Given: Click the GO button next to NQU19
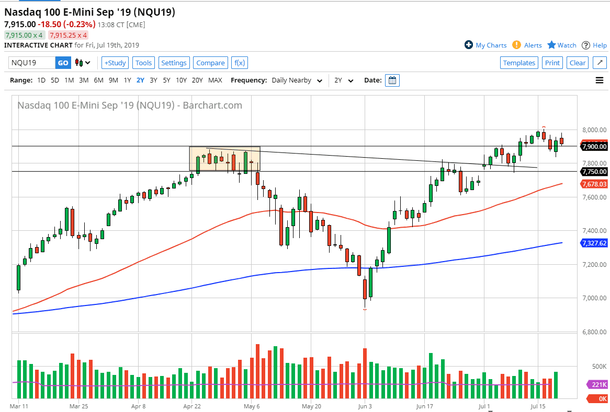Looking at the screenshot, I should [x=63, y=63].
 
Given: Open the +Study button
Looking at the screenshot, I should [x=115, y=63].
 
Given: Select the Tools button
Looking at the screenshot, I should [x=143, y=63].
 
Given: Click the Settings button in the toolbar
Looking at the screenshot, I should [x=174, y=63].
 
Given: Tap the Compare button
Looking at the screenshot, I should [x=210, y=63].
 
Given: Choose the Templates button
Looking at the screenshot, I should [x=519, y=63].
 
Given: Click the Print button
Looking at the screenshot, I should [x=552, y=63].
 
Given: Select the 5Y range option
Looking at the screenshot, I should [x=166, y=80].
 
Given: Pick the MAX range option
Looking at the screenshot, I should [x=215, y=80].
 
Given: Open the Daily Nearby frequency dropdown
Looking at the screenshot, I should [x=297, y=80].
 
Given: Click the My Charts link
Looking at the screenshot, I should [x=485, y=45].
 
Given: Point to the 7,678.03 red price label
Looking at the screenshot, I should [x=594, y=184].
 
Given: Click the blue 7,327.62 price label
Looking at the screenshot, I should [x=594, y=243].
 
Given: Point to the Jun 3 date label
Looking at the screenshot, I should [x=365, y=405].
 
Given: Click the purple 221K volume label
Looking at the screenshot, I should [x=599, y=385].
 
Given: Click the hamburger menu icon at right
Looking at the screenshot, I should [x=600, y=80].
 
